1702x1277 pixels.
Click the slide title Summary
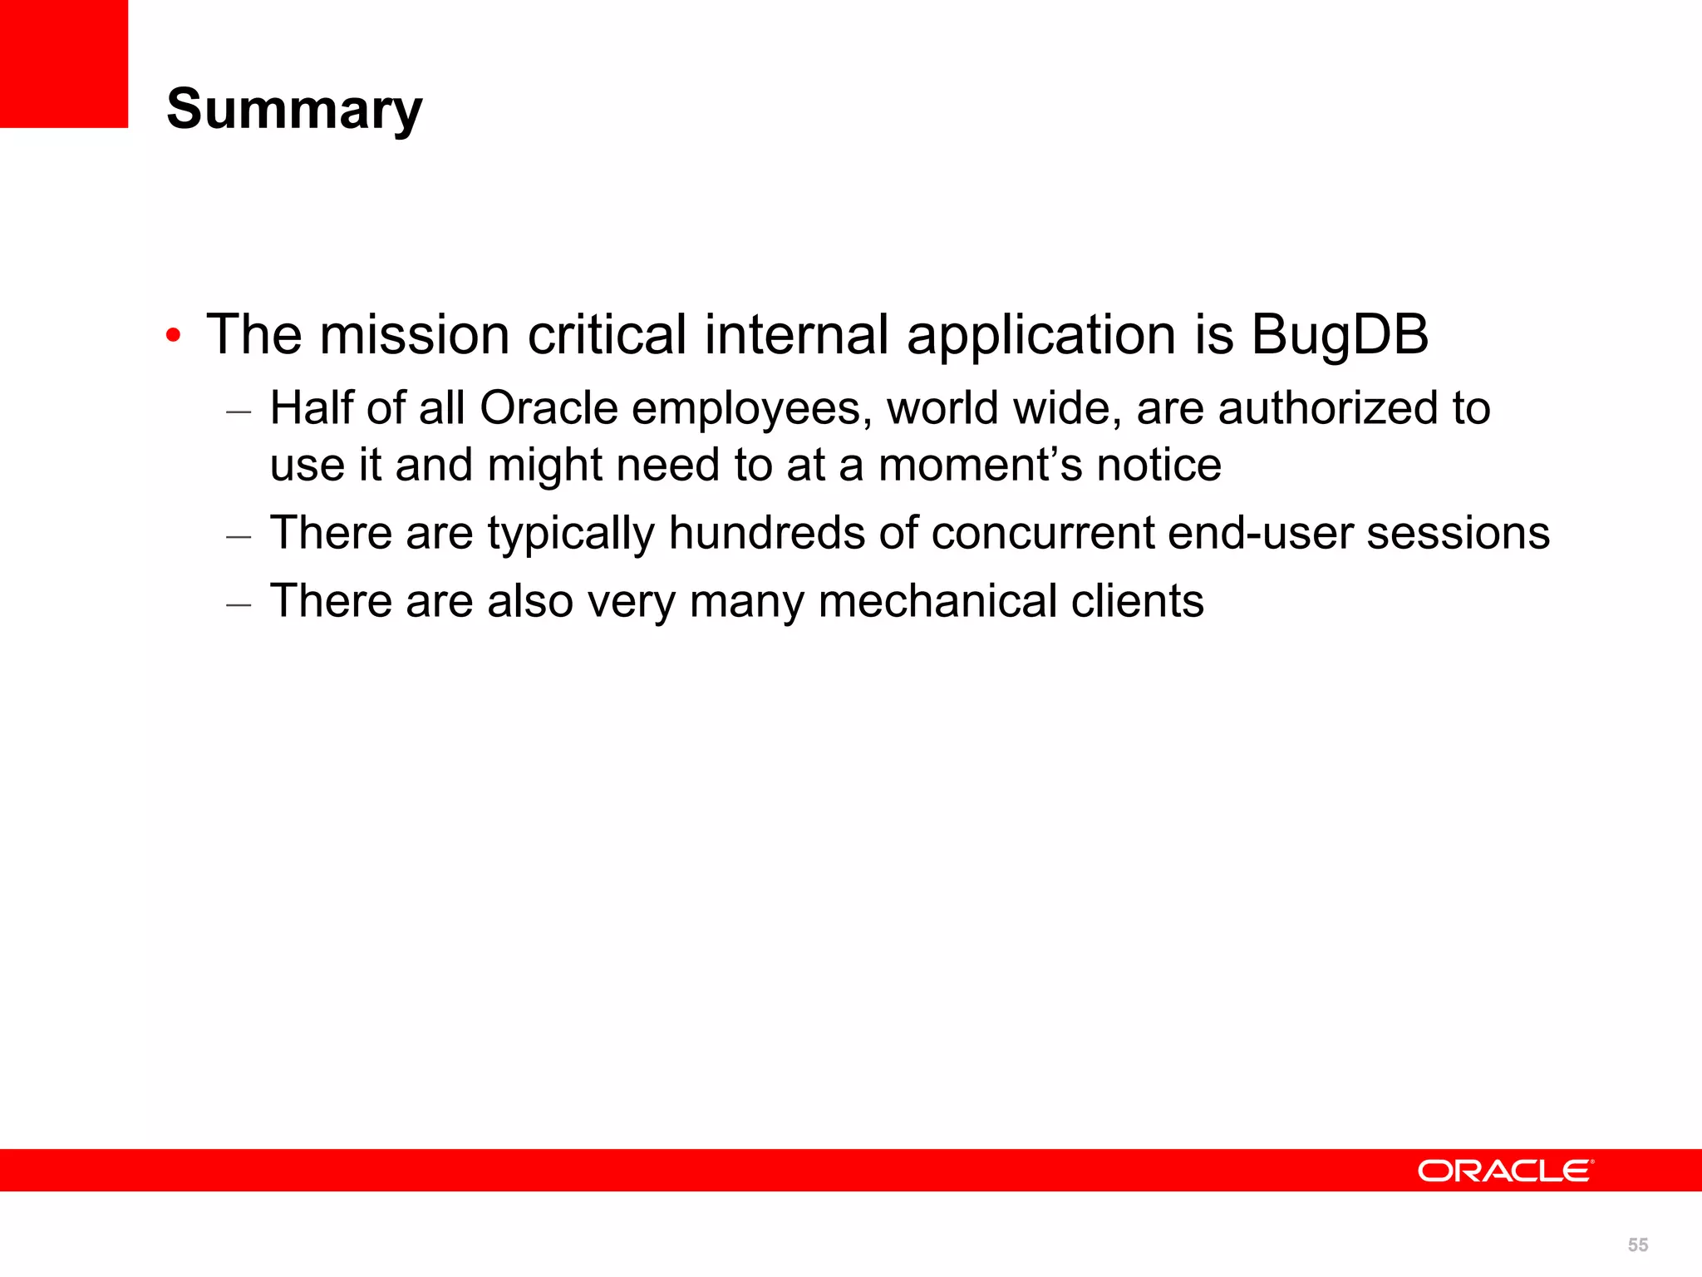[x=294, y=109]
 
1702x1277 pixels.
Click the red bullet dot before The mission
[x=173, y=337]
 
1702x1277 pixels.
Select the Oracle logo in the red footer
[x=1505, y=1171]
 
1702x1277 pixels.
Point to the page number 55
[x=1637, y=1245]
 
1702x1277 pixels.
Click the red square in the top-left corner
[x=64, y=64]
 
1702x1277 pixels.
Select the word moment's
[x=980, y=465]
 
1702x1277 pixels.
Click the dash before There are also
[x=239, y=604]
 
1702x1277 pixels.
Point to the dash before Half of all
[x=239, y=412]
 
